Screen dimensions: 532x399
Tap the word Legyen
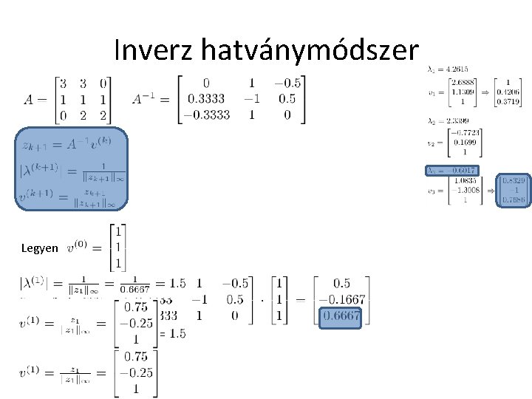(41, 249)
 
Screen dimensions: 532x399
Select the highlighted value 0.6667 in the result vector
(341, 316)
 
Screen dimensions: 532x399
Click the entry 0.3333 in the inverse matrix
(207, 99)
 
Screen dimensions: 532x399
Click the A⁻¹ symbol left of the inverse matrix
(149, 99)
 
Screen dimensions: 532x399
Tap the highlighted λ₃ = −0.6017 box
(451, 170)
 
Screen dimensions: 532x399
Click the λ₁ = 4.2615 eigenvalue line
(444, 69)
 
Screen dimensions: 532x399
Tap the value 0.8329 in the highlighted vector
(513, 181)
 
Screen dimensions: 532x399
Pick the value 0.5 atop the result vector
(341, 284)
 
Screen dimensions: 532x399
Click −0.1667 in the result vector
(341, 299)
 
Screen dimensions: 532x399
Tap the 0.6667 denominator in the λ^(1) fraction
(136, 290)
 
